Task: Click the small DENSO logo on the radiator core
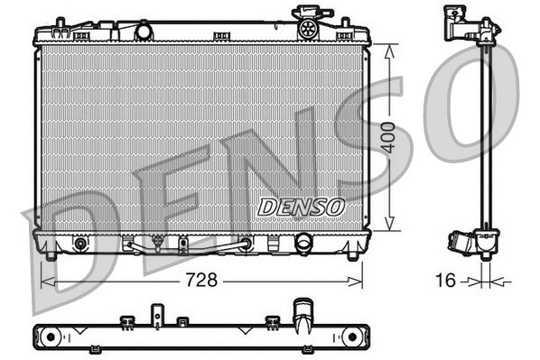click(301, 207)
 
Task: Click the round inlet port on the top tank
click(144, 32)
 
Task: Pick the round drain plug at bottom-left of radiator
click(81, 244)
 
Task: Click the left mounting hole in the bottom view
click(51, 337)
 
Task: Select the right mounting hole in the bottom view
click(346, 336)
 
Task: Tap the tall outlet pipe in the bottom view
click(302, 318)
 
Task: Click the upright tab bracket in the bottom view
click(156, 315)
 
